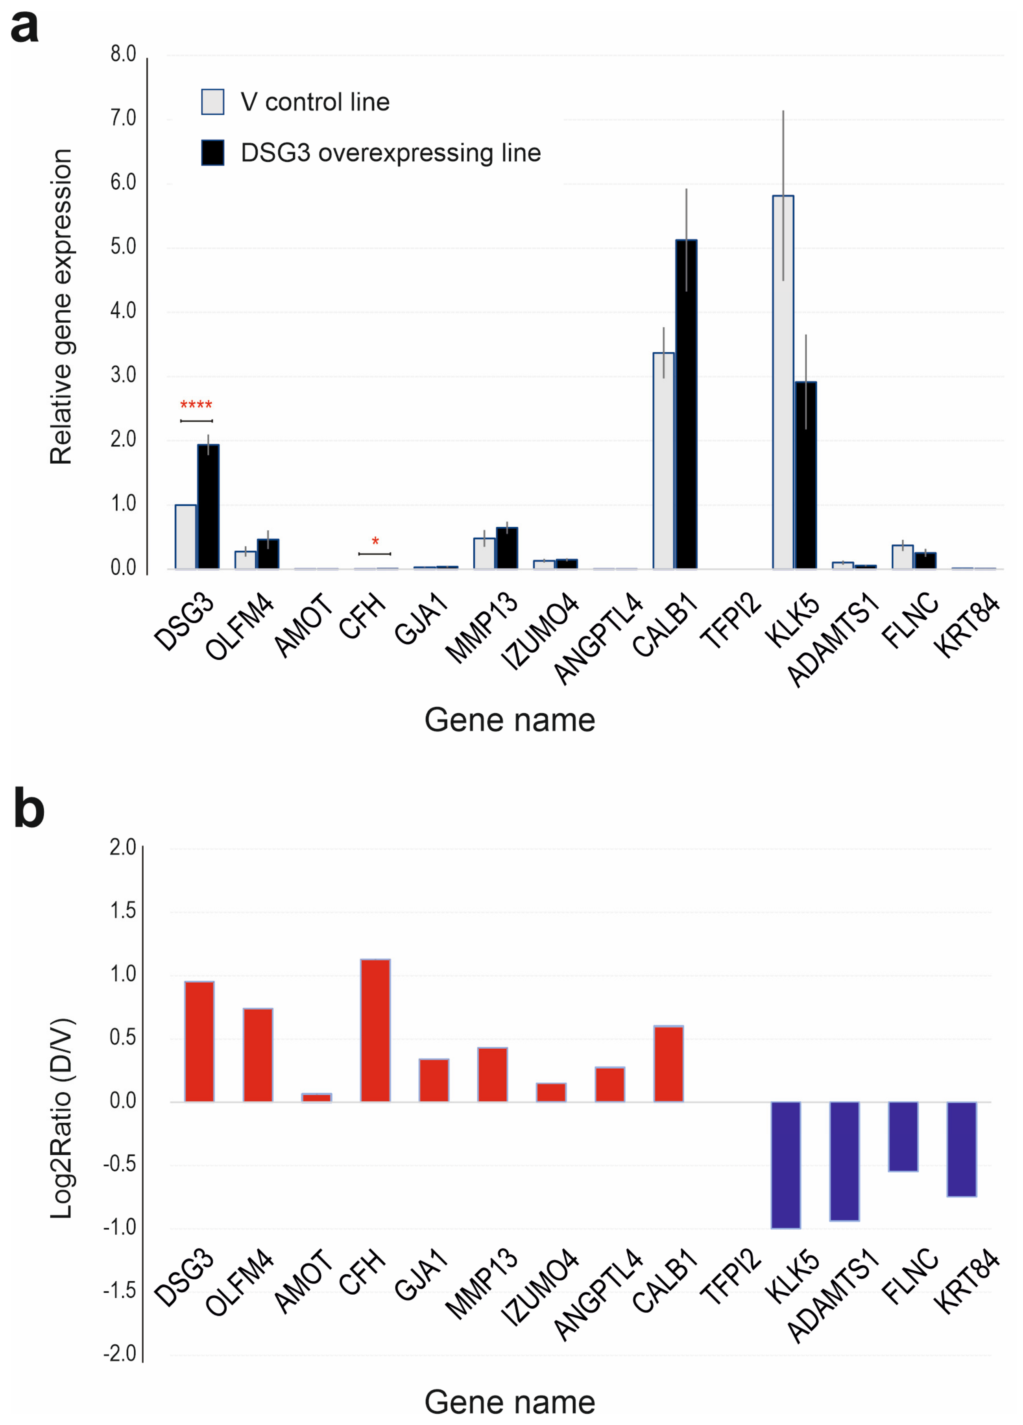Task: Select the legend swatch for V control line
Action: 213,102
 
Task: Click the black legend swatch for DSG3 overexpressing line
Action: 213,153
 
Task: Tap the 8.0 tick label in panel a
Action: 123,55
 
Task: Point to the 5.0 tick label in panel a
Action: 123,247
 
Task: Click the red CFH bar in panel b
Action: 375,1031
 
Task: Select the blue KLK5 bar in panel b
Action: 786,1164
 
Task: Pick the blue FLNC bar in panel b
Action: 903,1136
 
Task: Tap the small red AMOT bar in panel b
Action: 316,1097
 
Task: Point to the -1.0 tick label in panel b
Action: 120,1227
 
